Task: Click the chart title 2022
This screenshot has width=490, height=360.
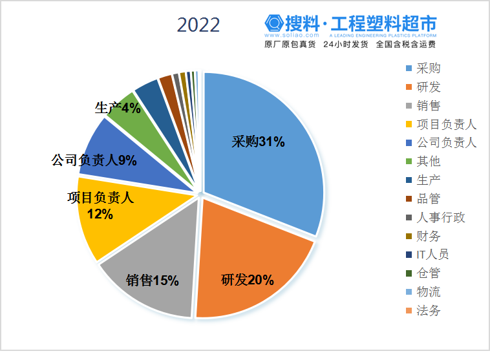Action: tap(198, 25)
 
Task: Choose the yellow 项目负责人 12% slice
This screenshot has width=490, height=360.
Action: tap(103, 213)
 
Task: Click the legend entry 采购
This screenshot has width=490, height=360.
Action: tap(429, 69)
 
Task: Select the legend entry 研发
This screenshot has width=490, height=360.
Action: tap(429, 87)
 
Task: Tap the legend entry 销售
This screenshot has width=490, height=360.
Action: tap(429, 106)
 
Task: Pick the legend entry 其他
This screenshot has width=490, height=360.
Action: tap(429, 162)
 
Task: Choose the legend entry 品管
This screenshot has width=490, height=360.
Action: tap(429, 198)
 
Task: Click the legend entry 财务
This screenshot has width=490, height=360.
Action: tap(429, 236)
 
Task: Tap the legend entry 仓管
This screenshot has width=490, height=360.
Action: tap(429, 273)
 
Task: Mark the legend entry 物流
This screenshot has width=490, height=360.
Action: tap(429, 292)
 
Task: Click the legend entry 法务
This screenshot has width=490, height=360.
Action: tap(429, 311)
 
